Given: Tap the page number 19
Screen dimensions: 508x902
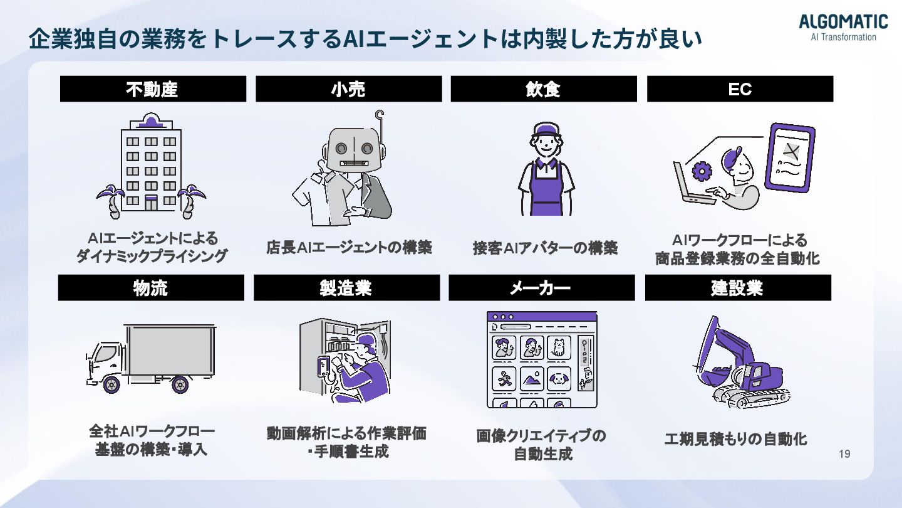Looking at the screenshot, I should click(x=844, y=454).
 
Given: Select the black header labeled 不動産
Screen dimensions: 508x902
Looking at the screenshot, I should click(x=153, y=89).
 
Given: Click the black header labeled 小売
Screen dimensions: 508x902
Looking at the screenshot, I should click(x=348, y=89).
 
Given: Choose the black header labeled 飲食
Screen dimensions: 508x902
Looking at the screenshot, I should click(x=543, y=89).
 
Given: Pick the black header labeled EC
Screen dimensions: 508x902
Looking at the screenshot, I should click(x=740, y=89).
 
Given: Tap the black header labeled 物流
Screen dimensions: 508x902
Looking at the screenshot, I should click(x=151, y=288).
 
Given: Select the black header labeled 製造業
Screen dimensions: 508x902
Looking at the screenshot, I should click(x=346, y=288).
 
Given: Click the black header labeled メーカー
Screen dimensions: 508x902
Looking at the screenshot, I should click(x=541, y=288).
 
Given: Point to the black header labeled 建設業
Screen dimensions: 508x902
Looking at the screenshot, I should click(x=738, y=288).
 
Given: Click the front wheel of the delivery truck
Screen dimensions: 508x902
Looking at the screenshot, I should click(x=112, y=383).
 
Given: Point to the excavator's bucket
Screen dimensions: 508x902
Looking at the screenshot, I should click(x=712, y=377).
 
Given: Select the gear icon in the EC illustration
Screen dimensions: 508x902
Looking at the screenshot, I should click(x=702, y=170).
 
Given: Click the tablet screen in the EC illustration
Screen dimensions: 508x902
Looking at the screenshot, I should click(x=791, y=157).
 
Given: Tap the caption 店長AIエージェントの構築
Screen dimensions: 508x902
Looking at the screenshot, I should click(x=349, y=248).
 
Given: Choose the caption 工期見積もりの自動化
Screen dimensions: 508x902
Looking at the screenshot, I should click(x=736, y=439).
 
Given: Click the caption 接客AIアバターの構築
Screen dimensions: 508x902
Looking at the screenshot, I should click(x=545, y=248).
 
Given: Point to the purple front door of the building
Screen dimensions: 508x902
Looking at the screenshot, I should click(x=151, y=202).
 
